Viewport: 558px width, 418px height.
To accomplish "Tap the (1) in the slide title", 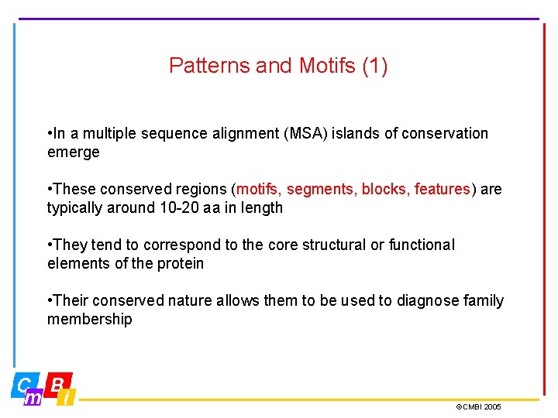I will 375,66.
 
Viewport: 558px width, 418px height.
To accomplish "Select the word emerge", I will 74,152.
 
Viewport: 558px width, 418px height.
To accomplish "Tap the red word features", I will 442,189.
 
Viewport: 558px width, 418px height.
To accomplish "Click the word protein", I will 179,263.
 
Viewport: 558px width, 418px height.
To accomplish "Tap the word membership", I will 89,319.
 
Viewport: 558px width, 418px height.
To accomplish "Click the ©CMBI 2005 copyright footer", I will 478,406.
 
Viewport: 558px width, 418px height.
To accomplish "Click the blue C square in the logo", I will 24,385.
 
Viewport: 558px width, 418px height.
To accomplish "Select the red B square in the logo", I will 58,382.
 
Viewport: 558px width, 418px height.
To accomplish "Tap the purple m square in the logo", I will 34,398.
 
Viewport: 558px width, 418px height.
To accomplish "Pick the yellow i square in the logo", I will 67,398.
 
